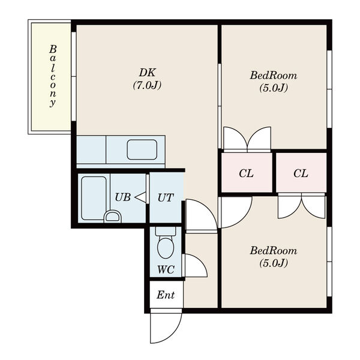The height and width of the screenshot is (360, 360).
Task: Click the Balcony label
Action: click(x=53, y=76)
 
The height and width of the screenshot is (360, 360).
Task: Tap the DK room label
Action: click(x=147, y=73)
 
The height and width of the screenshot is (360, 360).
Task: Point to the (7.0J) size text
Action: click(x=147, y=85)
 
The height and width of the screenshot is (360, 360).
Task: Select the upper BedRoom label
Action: click(x=274, y=76)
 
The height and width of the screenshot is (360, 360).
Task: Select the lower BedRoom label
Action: click(x=274, y=250)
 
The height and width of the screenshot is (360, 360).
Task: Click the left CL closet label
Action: click(x=246, y=173)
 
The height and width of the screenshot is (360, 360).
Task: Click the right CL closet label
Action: click(x=301, y=173)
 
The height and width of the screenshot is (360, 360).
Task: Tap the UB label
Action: click(x=123, y=197)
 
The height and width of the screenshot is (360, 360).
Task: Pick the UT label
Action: click(x=166, y=197)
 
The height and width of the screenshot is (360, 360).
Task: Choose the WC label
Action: click(x=166, y=269)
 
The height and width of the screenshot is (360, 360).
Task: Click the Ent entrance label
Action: click(x=166, y=295)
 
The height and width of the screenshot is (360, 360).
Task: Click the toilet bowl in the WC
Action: click(x=166, y=248)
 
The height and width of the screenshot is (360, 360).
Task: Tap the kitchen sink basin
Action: click(x=142, y=149)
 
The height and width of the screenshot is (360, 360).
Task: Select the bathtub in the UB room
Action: click(x=94, y=199)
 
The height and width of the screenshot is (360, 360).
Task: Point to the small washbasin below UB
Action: click(x=113, y=217)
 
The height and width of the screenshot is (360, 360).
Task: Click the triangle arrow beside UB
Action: click(x=140, y=197)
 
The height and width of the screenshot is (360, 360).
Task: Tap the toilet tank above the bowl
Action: click(x=166, y=231)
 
